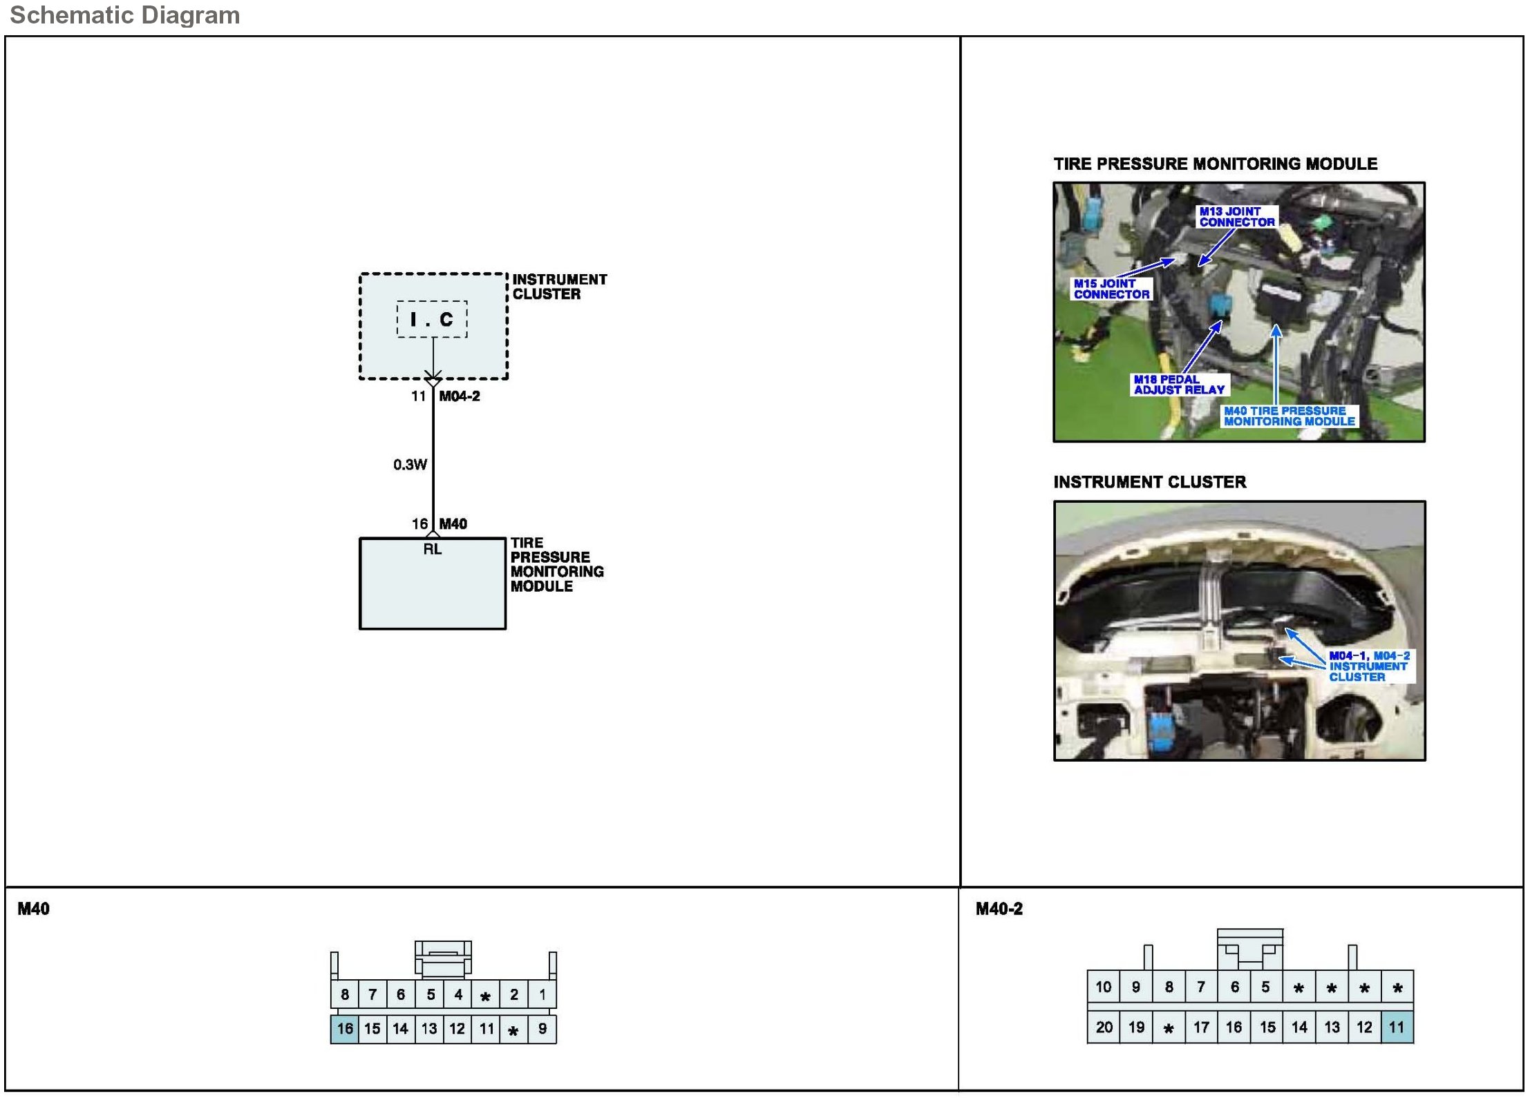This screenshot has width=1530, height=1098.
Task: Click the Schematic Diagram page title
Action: (x=124, y=15)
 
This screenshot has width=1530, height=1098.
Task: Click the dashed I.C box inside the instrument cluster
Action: (x=432, y=319)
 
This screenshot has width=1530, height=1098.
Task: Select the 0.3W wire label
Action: (x=410, y=465)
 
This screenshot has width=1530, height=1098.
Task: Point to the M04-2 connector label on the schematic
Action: (x=460, y=396)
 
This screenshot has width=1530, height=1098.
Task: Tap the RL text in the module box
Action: (x=433, y=550)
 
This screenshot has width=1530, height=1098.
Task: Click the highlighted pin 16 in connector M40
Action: (x=345, y=1029)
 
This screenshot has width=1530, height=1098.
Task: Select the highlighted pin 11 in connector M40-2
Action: (x=1397, y=1028)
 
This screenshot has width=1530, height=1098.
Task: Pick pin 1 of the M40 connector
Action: (x=542, y=995)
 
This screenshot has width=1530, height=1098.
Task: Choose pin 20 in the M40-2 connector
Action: (x=1104, y=1028)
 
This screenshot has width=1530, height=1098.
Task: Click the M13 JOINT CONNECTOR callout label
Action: (x=1237, y=217)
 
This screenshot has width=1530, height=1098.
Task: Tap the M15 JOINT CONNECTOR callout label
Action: (x=1111, y=289)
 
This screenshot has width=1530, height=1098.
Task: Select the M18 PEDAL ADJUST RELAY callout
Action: (x=1179, y=385)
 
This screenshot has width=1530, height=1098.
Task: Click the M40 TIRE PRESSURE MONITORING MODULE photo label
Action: (x=1289, y=416)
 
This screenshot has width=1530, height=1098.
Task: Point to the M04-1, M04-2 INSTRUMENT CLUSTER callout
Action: (x=1368, y=666)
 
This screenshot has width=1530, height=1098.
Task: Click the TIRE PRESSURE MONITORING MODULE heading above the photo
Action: (x=1215, y=164)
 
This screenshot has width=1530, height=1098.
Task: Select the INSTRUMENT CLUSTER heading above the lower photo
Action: (x=1150, y=482)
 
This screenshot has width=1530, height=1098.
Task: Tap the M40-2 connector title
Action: (x=999, y=909)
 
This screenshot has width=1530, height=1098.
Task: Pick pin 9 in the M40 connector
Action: (x=542, y=1029)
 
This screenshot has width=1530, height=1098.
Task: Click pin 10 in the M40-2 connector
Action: (x=1104, y=988)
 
